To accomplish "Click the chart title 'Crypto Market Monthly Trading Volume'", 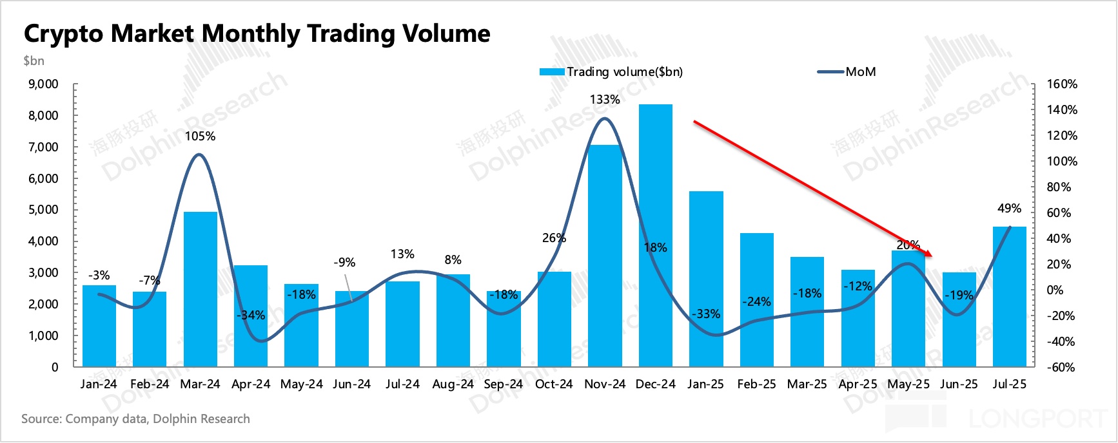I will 257,33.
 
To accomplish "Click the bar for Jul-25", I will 1009,296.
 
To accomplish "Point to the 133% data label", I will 605,99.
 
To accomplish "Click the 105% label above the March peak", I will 200,136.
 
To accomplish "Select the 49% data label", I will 1009,208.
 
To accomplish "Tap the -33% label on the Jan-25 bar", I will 706,314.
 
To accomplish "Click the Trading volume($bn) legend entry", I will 611,71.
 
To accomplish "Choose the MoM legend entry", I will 847,71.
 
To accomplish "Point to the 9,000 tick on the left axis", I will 43,84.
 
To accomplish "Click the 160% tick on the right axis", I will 1062,84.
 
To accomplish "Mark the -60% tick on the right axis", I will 1061,367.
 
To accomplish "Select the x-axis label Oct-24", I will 554,384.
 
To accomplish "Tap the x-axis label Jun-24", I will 351,384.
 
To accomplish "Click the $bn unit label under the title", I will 34,61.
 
